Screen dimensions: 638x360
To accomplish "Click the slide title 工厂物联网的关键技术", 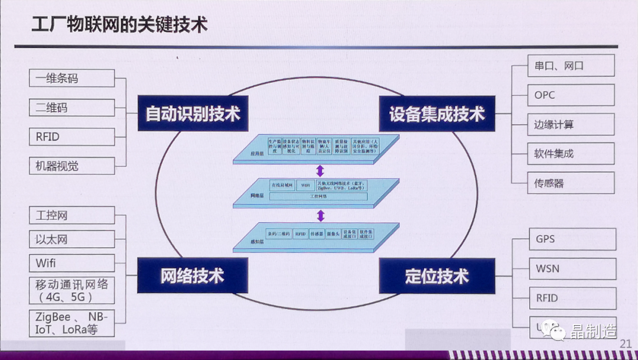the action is (x=119, y=25).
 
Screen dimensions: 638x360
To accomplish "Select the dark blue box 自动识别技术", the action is (x=193, y=113).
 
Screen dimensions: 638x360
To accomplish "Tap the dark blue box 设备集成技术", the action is (x=437, y=113).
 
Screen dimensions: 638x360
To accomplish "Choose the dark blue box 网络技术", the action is (x=193, y=275).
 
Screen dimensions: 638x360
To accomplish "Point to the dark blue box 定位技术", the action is (x=437, y=275).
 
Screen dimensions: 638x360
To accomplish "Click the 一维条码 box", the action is (x=71, y=78).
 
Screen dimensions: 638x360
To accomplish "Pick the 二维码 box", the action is (x=71, y=108).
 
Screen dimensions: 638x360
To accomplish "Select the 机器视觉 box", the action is (x=71, y=166).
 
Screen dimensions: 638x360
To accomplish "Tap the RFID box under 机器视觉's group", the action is (x=71, y=137).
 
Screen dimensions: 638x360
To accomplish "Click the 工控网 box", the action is (x=71, y=215).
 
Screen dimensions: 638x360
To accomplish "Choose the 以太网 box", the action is (x=71, y=239).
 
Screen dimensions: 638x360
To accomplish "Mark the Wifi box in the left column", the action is (x=71, y=263).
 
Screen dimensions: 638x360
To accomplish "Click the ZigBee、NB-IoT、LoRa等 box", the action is (x=71, y=323).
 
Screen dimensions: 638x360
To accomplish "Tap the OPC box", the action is (x=571, y=95).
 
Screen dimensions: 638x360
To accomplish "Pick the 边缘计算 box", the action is (x=571, y=125).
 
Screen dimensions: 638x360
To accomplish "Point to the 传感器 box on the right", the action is (x=571, y=183).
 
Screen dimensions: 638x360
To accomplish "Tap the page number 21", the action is (x=626, y=343).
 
